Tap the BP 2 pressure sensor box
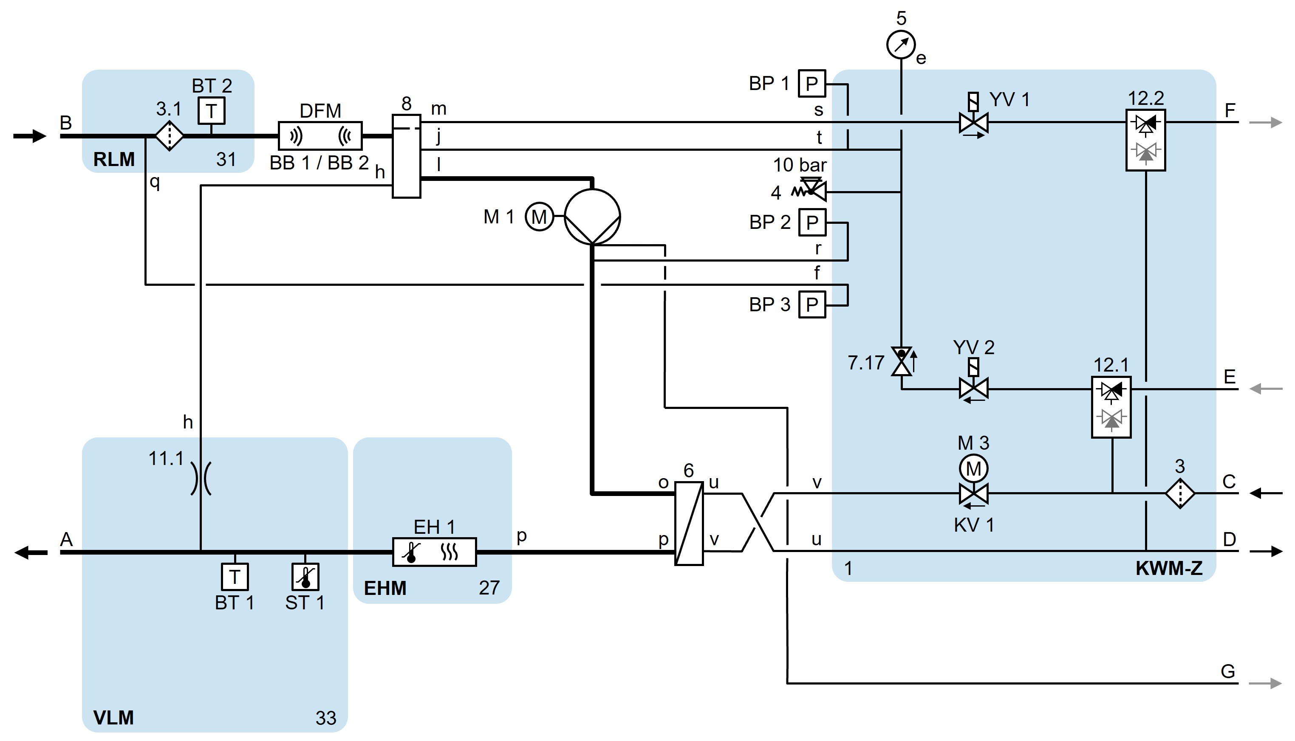(x=812, y=223)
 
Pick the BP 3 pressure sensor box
(x=812, y=304)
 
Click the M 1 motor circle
(x=539, y=217)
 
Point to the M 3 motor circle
(x=973, y=468)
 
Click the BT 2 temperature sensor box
(x=211, y=110)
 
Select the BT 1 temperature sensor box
(x=235, y=577)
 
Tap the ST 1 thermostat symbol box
(x=305, y=577)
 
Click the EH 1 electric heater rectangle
(x=434, y=552)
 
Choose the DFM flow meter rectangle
(x=320, y=136)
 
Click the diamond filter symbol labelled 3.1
(x=169, y=136)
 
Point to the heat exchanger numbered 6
(x=689, y=523)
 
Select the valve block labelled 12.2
(x=1145, y=140)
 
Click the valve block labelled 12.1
(x=1111, y=407)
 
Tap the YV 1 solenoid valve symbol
(x=973, y=122)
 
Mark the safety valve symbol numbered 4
(x=812, y=190)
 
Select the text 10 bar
(x=800, y=165)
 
